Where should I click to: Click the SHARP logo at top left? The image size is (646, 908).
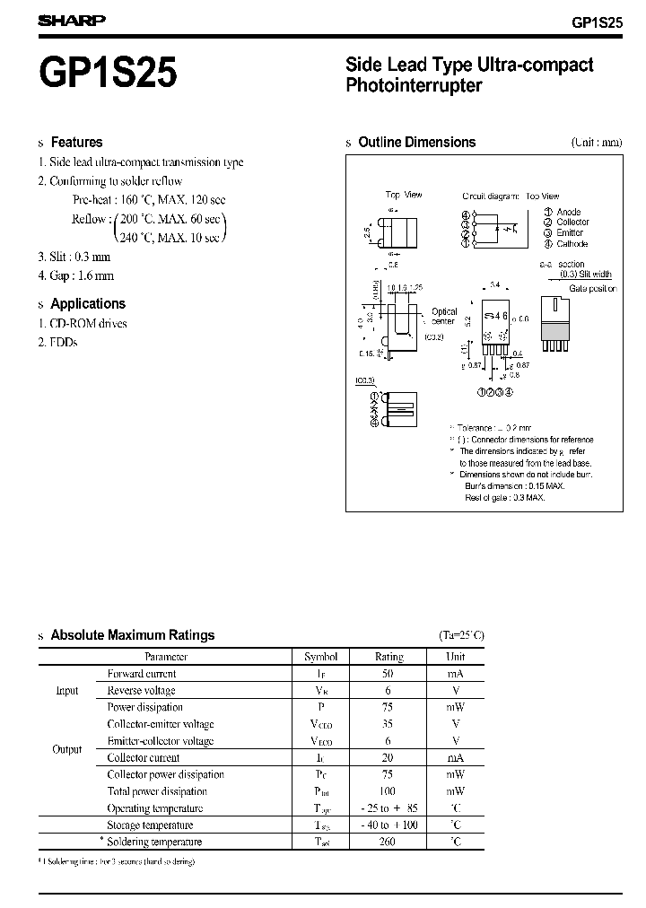tap(73, 19)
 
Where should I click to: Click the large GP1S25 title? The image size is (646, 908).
tap(108, 72)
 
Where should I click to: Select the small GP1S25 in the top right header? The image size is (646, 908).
tap(596, 22)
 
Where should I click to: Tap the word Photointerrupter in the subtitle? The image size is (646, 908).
tap(414, 86)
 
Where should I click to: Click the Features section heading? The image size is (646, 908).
tap(76, 142)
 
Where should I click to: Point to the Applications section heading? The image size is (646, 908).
tap(88, 303)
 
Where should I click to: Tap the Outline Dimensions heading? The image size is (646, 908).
tap(416, 142)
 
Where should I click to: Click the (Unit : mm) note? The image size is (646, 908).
tap(597, 143)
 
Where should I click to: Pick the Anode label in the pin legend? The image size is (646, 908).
tap(568, 212)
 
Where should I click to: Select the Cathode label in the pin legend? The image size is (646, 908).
tap(572, 244)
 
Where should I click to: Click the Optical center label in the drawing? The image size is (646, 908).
tap(444, 317)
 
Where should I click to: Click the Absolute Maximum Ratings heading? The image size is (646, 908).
tap(133, 634)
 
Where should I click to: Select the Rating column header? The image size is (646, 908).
tap(389, 657)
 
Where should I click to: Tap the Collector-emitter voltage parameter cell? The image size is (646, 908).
tap(161, 724)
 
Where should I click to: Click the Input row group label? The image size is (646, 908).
tap(67, 691)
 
